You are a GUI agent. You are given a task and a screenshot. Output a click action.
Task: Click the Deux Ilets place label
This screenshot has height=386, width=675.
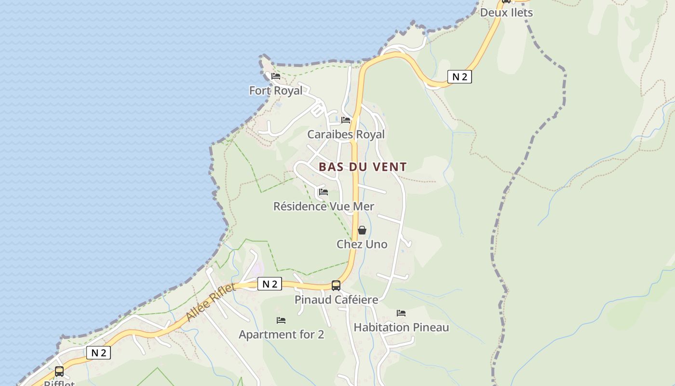pos(506,13)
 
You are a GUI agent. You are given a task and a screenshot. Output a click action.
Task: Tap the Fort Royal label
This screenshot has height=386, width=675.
pos(276,91)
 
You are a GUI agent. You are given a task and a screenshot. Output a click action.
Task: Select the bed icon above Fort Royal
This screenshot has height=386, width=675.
pos(276,76)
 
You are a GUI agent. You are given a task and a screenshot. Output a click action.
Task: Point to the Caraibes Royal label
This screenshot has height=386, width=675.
pos(346,135)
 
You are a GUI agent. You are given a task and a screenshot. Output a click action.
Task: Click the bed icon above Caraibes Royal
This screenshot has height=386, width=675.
pos(346,120)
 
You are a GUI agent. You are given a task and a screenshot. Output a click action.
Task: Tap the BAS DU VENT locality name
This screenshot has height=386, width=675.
pos(363,167)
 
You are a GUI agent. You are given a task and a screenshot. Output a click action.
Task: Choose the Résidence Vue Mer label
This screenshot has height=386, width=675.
pos(324,207)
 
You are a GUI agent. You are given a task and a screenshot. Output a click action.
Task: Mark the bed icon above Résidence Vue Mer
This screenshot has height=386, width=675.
pos(324,192)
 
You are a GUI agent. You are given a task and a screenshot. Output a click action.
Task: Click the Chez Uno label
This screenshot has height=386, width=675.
pos(362,244)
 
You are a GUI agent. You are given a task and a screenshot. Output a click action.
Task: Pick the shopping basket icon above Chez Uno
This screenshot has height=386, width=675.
pos(362,230)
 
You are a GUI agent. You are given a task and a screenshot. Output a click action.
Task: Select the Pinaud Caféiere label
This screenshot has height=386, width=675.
pos(336,300)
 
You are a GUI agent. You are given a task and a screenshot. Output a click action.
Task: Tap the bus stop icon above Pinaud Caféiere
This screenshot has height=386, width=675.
pos(336,285)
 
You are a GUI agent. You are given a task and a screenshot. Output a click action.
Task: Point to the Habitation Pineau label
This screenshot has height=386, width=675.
pos(401,328)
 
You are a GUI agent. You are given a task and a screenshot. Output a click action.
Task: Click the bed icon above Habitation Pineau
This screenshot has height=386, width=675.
pos(401,313)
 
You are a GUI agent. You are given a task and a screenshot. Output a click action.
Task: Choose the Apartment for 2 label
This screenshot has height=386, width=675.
pos(281,334)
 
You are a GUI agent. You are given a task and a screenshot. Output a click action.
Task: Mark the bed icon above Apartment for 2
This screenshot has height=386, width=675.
pos(281,320)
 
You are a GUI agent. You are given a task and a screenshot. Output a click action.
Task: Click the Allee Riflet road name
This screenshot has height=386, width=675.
pos(211,303)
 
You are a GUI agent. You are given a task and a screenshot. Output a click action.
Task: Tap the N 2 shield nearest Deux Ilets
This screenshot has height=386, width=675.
pos(459,76)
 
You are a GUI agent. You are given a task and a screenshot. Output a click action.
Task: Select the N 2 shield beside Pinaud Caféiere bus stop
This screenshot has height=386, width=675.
pos(270,284)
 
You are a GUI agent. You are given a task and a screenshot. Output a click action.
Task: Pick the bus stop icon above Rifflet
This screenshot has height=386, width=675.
pos(59,372)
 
